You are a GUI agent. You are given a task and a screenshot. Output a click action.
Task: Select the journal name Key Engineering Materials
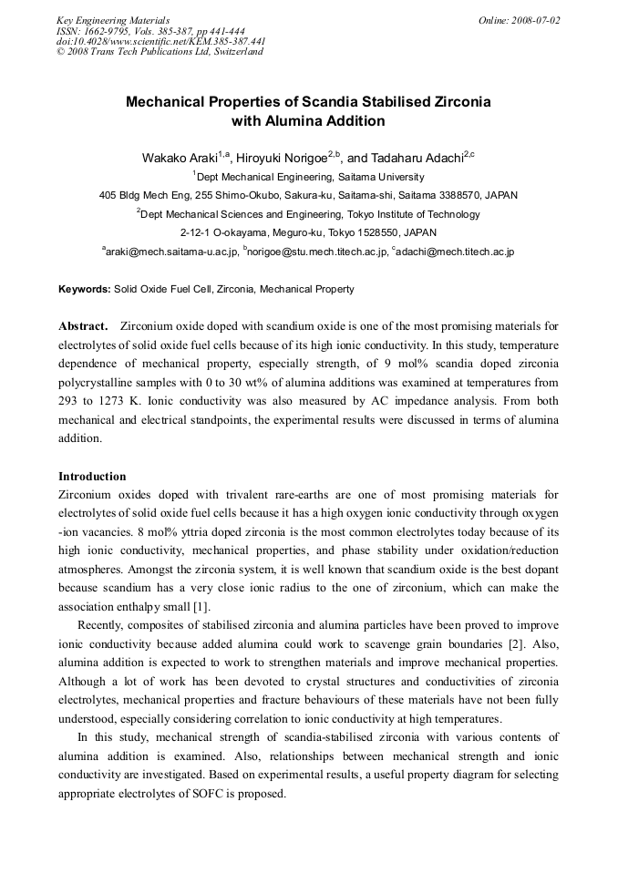[x=112, y=20]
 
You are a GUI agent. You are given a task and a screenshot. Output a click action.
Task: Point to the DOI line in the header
[x=160, y=41]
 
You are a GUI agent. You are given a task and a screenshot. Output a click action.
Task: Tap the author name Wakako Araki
[x=178, y=158]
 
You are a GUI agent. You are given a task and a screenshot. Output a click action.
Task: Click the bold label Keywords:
[x=85, y=289]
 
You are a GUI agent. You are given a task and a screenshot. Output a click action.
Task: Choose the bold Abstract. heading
[x=83, y=325]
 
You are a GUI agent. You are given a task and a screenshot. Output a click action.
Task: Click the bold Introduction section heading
[x=92, y=476]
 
